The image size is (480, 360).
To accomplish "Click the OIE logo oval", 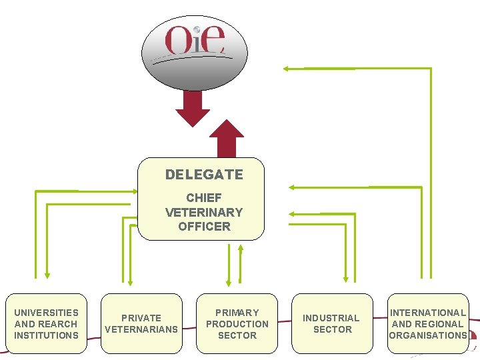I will pos(195,53).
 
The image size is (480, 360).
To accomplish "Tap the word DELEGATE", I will pos(204,175).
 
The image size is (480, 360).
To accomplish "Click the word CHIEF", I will pos(204,198).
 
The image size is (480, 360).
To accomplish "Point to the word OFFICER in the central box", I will pos(204,226).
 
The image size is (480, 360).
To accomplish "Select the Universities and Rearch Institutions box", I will pos(46,323).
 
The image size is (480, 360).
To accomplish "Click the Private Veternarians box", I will pos(141,323).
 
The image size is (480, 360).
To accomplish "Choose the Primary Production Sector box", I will pos(237,323).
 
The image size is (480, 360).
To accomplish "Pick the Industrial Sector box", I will pos(331,323).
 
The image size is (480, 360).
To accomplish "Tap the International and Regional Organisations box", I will pos(427,323).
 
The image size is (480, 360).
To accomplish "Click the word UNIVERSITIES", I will pos(46,313).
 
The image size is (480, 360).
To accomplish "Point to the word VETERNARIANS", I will pos(141,329).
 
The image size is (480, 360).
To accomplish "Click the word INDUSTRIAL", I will pos(331,318).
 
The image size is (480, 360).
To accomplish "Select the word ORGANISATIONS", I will pos(427,335).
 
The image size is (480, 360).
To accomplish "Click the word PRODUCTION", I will pos(237,324).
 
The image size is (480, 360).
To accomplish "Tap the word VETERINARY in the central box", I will pos(204,212).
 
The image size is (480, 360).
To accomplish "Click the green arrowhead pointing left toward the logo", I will pos(286,68).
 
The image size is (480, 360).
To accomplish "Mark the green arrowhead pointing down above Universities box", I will pos(47,273).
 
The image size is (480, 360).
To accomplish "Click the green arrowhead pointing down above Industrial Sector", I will pos(345,278).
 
